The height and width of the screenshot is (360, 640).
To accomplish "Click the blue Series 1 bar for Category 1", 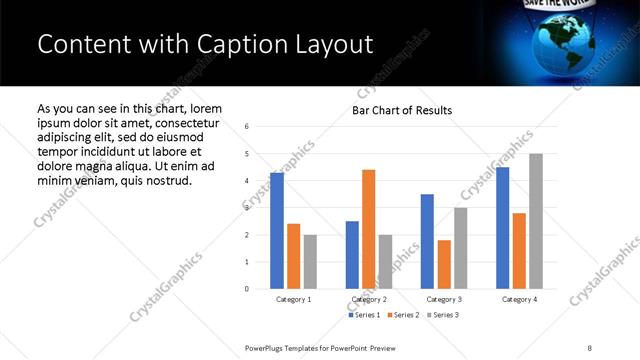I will click(277, 231).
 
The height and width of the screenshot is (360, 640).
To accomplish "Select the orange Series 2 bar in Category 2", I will click(368, 229).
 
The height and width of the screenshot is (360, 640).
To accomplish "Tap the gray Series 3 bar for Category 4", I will click(535, 221).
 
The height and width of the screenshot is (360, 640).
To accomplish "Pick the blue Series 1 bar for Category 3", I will click(427, 241).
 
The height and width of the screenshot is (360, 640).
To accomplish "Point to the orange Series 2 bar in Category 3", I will click(444, 264).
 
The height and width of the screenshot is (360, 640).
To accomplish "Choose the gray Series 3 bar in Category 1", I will click(310, 262).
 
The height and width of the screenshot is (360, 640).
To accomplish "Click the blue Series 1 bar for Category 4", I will click(502, 228).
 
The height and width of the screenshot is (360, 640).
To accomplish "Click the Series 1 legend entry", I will click(363, 315).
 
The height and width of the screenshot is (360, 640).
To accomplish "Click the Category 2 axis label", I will click(368, 299).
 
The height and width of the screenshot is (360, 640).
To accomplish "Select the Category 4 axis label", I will click(518, 299).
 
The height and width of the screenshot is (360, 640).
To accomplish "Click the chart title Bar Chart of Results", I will click(402, 110).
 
